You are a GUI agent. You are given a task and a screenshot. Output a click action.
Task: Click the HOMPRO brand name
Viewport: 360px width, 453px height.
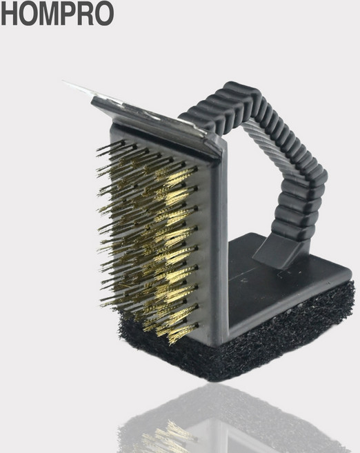click(x=57, y=13)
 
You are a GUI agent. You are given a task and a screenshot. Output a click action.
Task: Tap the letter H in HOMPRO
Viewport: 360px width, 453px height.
click(x=9, y=13)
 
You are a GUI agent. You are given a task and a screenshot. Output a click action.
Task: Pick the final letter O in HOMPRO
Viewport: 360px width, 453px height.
click(x=104, y=13)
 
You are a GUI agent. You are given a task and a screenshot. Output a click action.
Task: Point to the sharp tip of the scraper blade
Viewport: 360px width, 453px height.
click(x=63, y=82)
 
